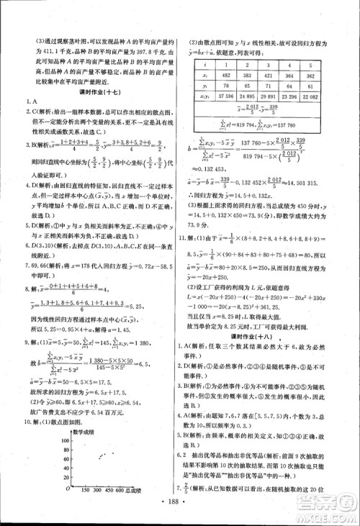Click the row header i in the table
tap(204, 63)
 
